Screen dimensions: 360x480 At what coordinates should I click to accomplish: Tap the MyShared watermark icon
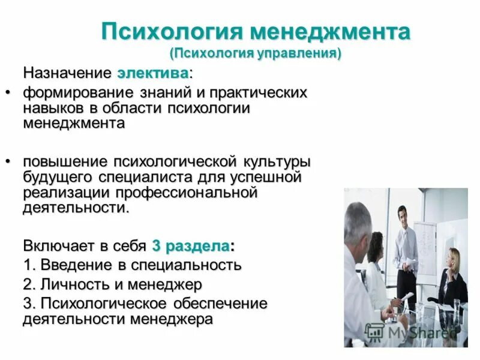click(x=375, y=331)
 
